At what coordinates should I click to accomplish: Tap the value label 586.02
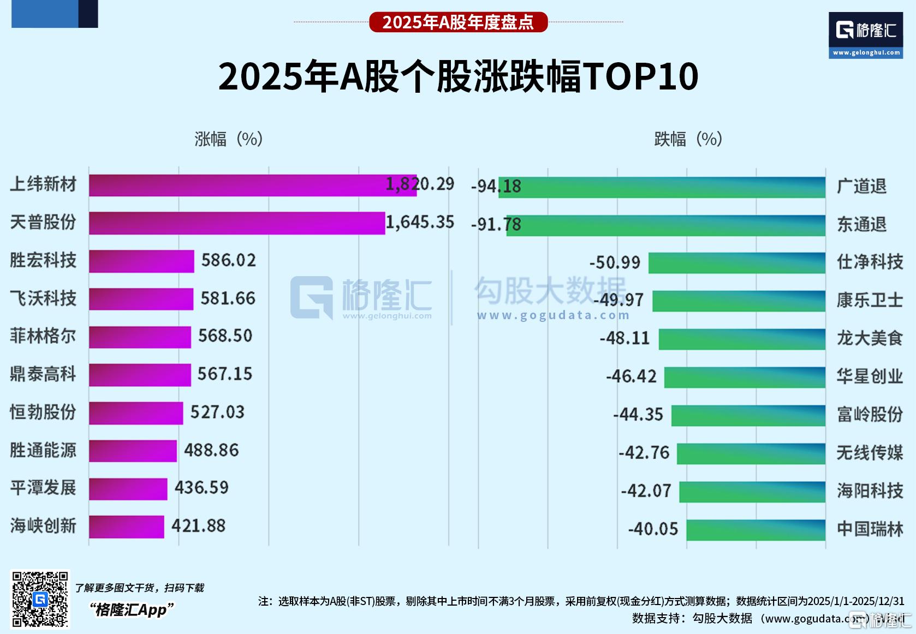click(x=228, y=260)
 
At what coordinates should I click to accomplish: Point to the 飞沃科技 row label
click(x=43, y=298)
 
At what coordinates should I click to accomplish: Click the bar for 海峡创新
click(x=127, y=527)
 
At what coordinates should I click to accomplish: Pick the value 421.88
click(x=198, y=526)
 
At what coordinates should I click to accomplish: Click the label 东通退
click(x=861, y=224)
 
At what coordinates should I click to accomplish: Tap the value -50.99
click(x=614, y=262)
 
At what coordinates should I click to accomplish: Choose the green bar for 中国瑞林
click(x=756, y=530)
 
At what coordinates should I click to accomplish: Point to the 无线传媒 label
click(x=870, y=453)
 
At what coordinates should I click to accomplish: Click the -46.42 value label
click(x=631, y=376)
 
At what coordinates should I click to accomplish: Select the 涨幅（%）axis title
click(x=229, y=139)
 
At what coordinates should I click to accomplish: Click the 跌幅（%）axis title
click(x=688, y=139)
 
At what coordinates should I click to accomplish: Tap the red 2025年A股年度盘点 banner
click(x=458, y=22)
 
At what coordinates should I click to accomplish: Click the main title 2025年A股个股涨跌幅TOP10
click(x=458, y=76)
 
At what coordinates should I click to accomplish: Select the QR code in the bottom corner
click(x=40, y=599)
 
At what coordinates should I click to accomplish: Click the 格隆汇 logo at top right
click(x=865, y=34)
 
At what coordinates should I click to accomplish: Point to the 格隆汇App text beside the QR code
click(x=132, y=609)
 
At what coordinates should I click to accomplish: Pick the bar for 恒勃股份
click(x=136, y=413)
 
